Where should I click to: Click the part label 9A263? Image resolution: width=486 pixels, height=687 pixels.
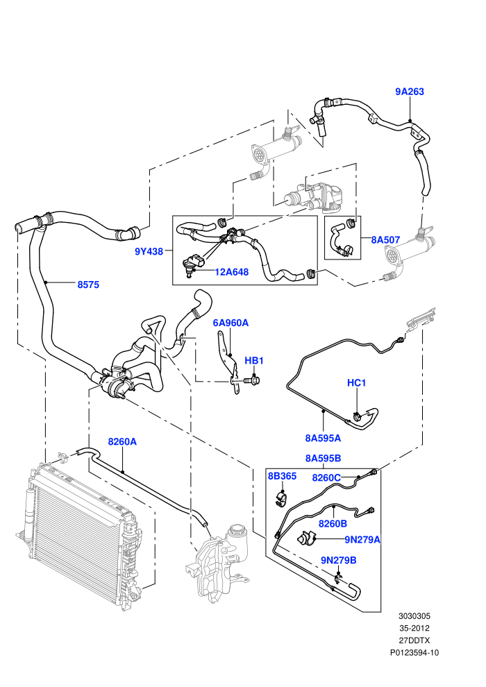point(410,92)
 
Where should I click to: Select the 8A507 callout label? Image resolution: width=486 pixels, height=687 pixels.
point(385,239)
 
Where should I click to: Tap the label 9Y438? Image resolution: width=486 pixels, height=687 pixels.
point(149,251)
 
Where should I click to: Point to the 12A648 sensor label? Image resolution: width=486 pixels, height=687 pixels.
point(231,272)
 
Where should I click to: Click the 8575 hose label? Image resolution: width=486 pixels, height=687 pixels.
point(88,285)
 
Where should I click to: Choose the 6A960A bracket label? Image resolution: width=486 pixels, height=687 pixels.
point(231,323)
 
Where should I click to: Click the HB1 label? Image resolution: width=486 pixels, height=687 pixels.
point(253,361)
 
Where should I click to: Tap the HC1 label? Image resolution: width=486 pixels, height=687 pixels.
point(356,383)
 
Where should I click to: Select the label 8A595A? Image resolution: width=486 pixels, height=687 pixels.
point(323,438)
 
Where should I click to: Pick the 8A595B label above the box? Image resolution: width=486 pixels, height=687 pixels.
point(323,458)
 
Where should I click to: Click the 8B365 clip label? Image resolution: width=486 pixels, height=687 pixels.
point(282,476)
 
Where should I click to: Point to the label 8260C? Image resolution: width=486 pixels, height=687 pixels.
point(326,477)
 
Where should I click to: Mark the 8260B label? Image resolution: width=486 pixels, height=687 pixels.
point(333,523)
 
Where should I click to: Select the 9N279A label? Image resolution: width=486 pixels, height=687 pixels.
point(362,540)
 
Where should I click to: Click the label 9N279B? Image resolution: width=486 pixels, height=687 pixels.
point(338,561)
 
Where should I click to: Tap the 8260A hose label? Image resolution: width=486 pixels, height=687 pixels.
point(122,441)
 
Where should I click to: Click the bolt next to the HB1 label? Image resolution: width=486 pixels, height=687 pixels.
point(252,380)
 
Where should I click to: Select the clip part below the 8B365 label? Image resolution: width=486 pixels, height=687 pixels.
point(282,499)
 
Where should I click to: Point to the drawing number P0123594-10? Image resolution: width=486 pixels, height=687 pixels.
point(414,653)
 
